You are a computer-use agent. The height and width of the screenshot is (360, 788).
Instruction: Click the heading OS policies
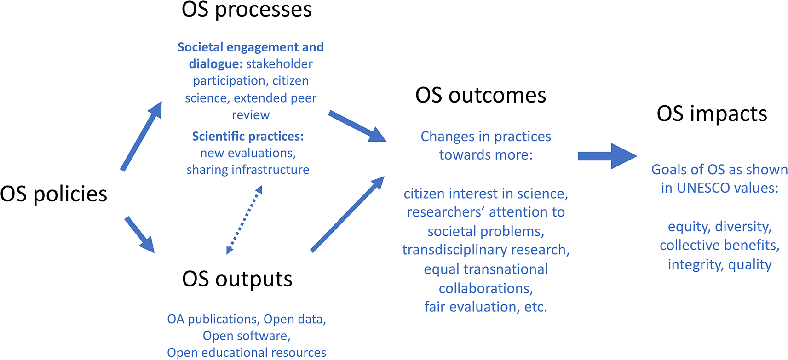(53, 194)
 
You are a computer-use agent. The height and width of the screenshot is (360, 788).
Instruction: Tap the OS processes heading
(247, 10)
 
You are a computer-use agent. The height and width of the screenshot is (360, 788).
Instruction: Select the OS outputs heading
(237, 280)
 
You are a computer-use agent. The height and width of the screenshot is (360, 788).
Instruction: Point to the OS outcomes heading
(481, 95)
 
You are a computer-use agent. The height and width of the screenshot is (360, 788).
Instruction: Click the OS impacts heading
(712, 114)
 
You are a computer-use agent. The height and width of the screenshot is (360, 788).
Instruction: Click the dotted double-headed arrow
(244, 220)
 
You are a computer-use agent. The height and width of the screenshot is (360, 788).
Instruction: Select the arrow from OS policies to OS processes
(141, 136)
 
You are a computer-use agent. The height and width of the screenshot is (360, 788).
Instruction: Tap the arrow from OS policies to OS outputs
(140, 234)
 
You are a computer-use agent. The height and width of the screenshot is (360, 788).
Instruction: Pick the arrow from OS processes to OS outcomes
(357, 126)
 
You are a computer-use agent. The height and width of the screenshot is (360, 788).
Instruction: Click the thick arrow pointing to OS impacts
(608, 156)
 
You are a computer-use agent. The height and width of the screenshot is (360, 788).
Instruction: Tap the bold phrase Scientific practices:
(248, 137)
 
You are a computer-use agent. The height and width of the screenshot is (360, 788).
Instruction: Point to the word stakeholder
(279, 64)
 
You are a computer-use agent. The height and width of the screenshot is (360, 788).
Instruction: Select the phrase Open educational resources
(247, 353)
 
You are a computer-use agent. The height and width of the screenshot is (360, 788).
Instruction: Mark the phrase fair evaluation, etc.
(486, 307)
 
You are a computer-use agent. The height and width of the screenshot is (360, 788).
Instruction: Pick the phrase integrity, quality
(720, 265)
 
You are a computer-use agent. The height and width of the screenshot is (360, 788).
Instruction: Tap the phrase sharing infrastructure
(248, 170)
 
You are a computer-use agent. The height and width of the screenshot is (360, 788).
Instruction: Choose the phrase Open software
(246, 336)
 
